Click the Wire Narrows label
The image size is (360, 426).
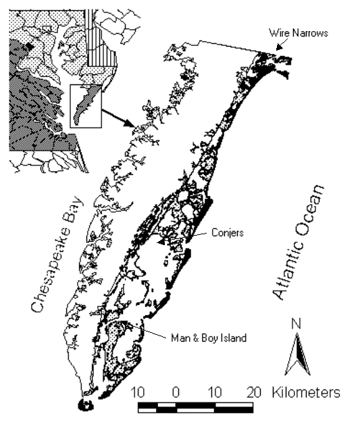click(299, 33)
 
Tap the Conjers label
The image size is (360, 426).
click(228, 233)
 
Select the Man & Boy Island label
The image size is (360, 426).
click(209, 338)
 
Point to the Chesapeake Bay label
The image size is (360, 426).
click(57, 254)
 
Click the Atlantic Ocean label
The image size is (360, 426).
click(299, 242)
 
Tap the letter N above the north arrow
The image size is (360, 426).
click(296, 323)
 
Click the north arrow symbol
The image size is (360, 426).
click(297, 354)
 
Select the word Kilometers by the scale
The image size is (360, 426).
click(306, 392)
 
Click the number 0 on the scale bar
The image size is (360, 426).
click(176, 392)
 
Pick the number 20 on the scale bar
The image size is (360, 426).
click(254, 392)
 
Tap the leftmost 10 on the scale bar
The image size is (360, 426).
click(138, 392)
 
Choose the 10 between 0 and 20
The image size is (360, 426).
click(215, 392)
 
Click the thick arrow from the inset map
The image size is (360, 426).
click(118, 118)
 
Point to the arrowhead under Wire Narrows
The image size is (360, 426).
click(278, 47)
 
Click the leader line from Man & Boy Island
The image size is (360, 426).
click(143, 329)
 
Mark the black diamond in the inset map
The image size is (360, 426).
click(29, 47)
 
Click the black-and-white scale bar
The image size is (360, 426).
click(196, 408)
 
